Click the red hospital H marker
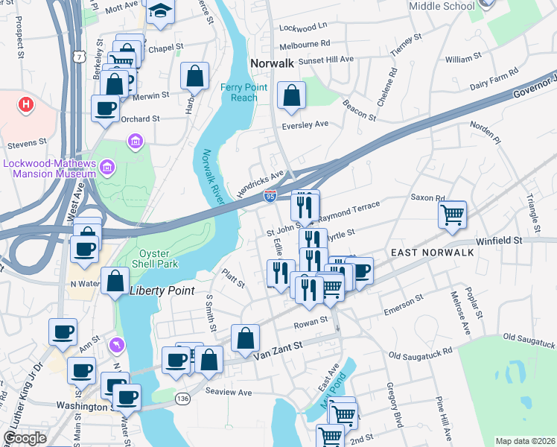pyautogui.click(x=26, y=104)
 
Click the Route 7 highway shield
pyautogui.click(x=78, y=56)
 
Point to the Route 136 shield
pyautogui.click(x=182, y=399)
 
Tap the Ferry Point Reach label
pyautogui.click(x=239, y=92)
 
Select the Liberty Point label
pyautogui.click(x=162, y=291)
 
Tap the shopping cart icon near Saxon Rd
pyautogui.click(x=452, y=215)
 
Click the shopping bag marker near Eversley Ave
pyautogui.click(x=291, y=95)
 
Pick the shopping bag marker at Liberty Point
pyautogui.click(x=115, y=282)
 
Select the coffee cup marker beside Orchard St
pyautogui.click(x=105, y=109)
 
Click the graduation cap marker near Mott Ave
pyautogui.click(x=159, y=11)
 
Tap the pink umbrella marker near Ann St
pyautogui.click(x=117, y=345)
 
